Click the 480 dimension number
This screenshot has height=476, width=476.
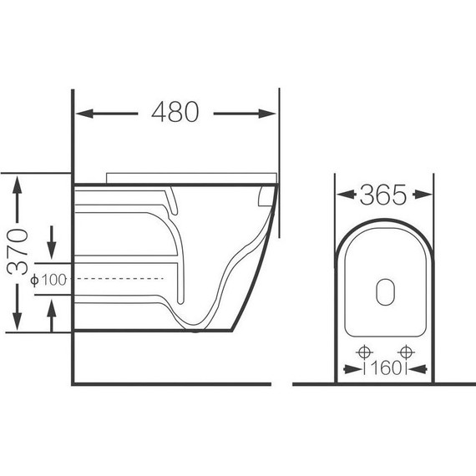tap(175, 112)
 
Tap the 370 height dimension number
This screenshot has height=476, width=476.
tap(18, 252)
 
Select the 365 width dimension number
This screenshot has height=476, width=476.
tap(382, 195)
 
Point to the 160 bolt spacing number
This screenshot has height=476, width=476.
tap(385, 368)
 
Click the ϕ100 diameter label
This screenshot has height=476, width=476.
tap(48, 280)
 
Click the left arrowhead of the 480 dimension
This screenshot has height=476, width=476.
tap(84, 114)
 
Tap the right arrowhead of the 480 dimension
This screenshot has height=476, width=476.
tap(267, 114)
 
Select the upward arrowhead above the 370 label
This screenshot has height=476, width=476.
tap(17, 185)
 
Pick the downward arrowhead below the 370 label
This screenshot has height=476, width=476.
tap(17, 322)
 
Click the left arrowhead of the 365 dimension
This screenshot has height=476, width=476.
tap(346, 195)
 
